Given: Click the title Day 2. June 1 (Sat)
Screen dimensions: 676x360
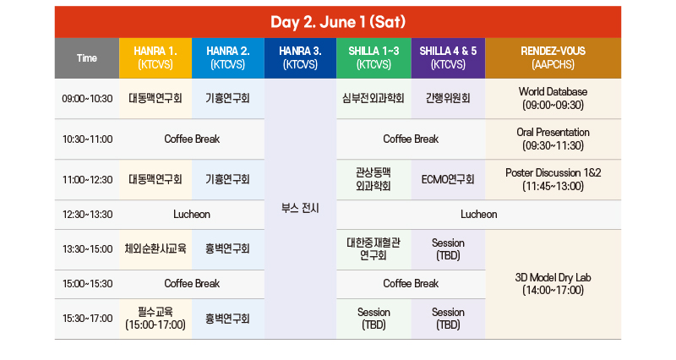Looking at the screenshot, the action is coord(338,22).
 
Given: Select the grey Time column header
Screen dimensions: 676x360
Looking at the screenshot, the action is coord(87,58).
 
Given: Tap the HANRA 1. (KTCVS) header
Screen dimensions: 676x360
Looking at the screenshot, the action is coord(155,58).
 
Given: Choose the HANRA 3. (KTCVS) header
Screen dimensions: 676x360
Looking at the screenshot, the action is coord(300,58).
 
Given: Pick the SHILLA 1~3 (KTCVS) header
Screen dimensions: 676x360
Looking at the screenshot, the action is coord(373,58).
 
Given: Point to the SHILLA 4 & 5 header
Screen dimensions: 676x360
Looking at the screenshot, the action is coord(448,58).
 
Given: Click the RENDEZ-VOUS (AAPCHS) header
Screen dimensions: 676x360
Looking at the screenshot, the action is coord(553,58).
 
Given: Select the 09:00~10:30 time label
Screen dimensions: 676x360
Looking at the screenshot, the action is coord(87,99).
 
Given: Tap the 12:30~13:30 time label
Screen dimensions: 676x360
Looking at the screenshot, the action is coord(87,215).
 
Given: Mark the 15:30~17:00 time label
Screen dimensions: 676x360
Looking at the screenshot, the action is coord(87,319).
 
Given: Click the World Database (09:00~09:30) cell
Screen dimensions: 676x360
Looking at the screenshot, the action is coord(553,98).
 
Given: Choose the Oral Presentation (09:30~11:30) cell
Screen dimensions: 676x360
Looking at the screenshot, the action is coord(553,139).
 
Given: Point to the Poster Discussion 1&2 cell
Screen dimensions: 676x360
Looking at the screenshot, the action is coord(553,179).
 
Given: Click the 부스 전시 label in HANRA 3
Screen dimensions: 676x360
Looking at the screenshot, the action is coord(300,209).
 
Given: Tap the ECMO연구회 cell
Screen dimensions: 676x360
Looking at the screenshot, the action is coord(448,179).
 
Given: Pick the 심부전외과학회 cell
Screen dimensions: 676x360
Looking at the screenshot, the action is coord(373,99).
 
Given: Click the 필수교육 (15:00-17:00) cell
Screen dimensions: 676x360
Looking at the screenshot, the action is coord(155,319).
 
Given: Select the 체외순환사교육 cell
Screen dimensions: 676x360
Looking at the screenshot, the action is coord(155,248).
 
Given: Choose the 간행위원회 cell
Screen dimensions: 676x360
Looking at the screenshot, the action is coord(448,99).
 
